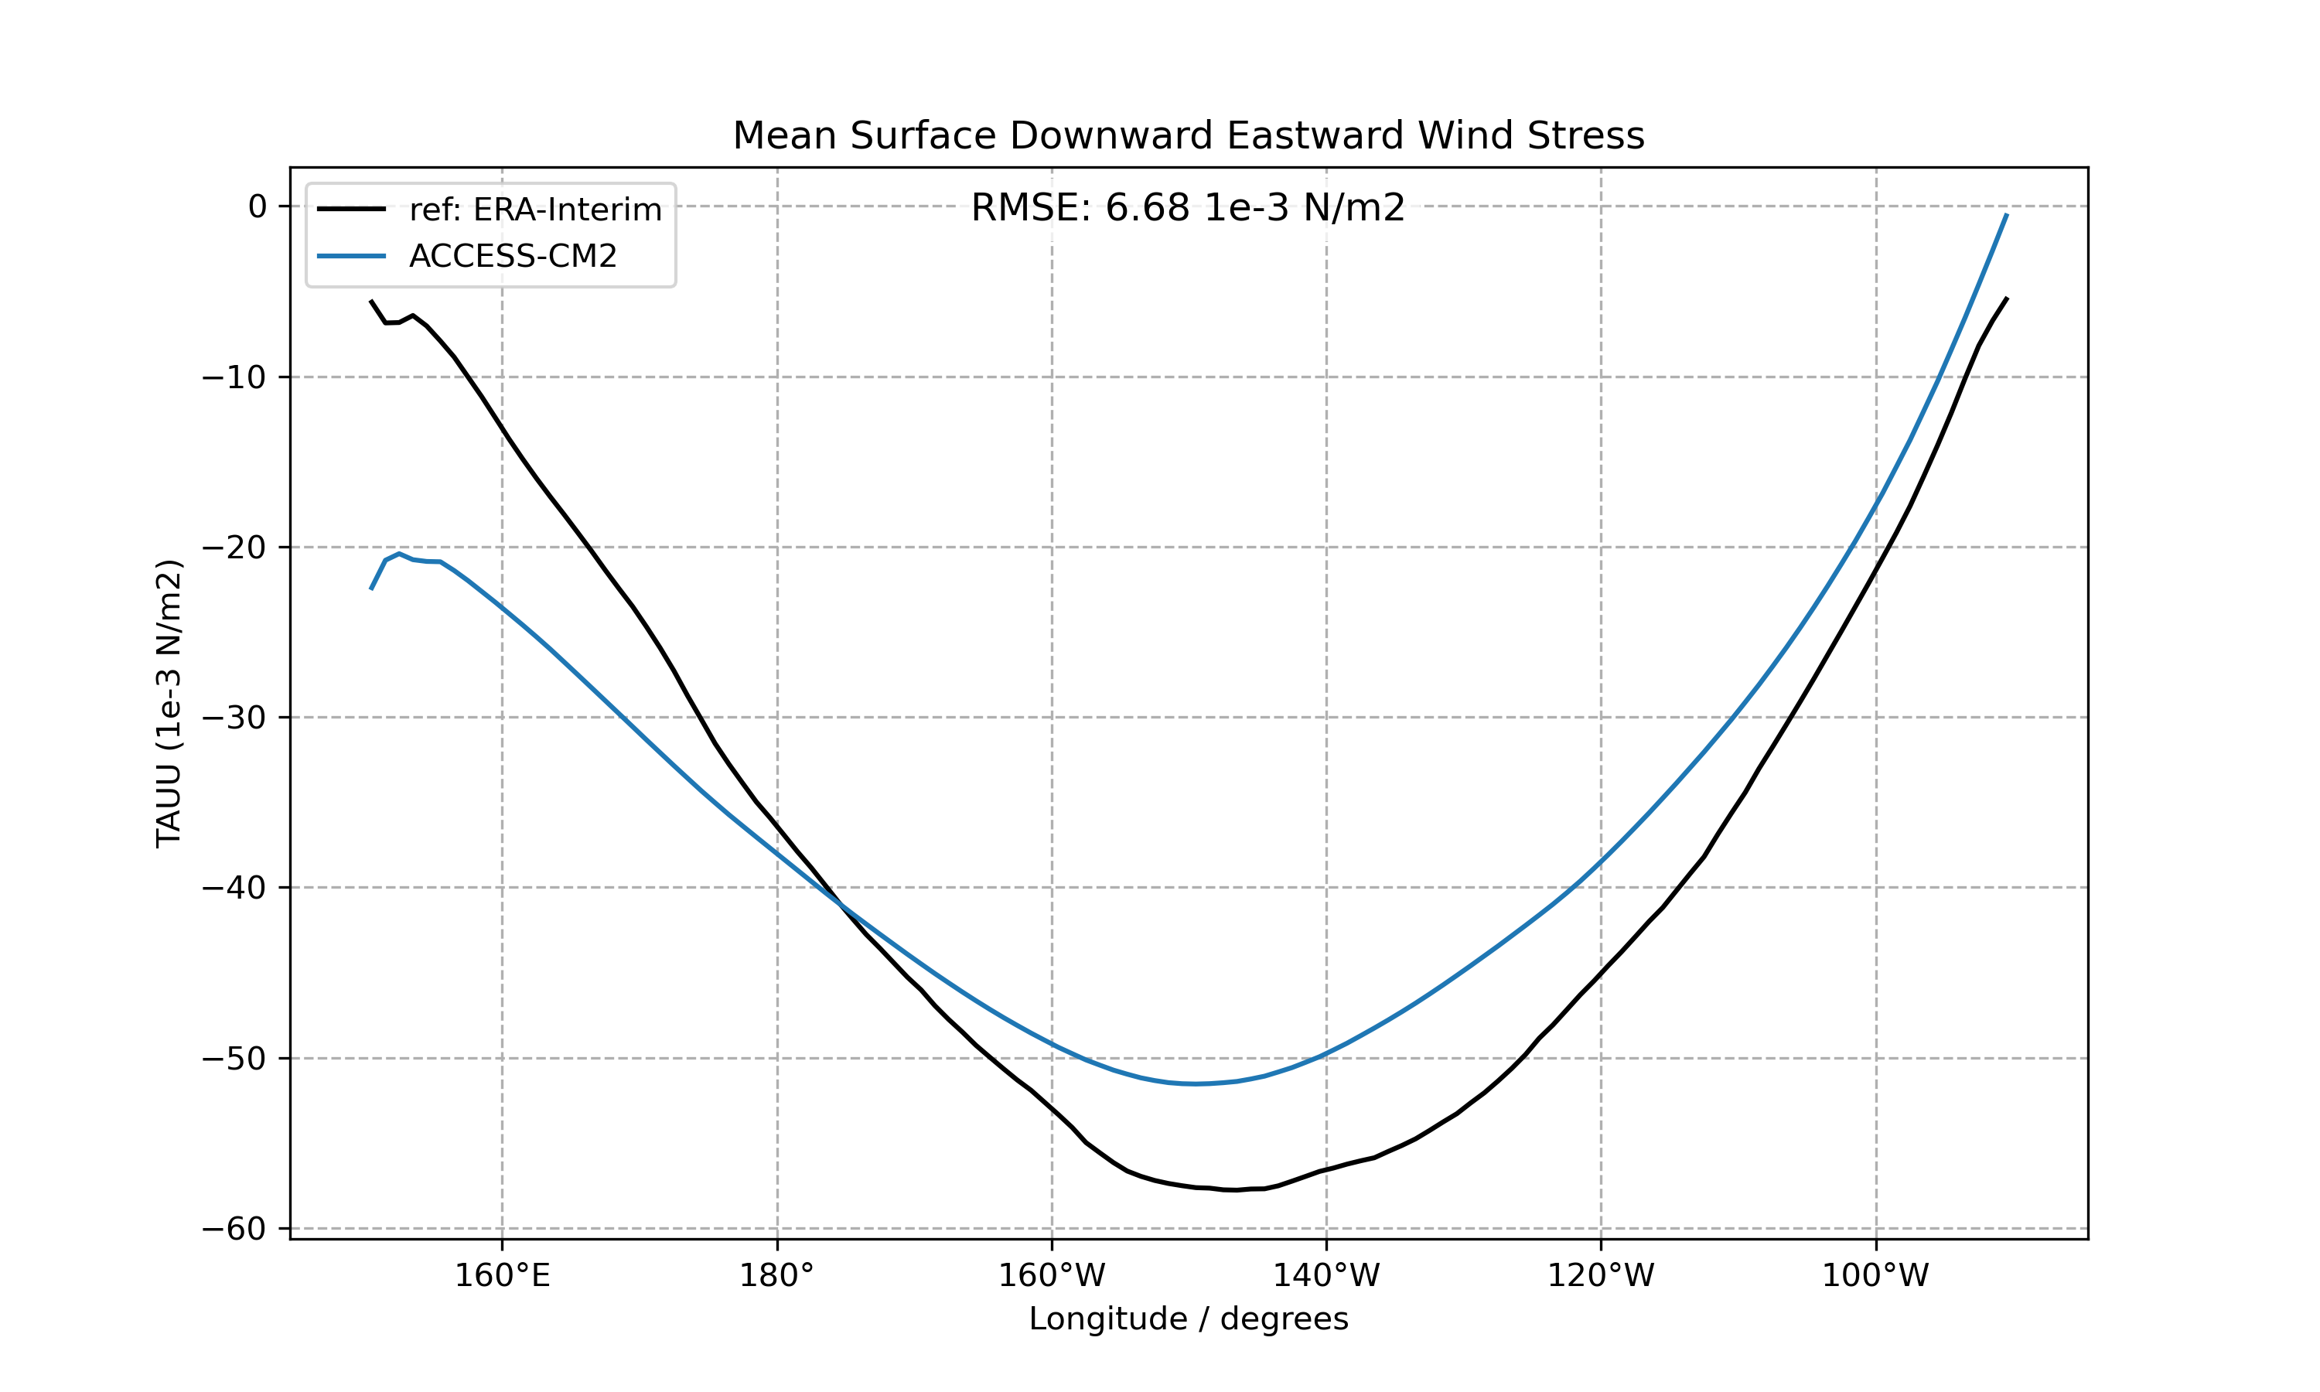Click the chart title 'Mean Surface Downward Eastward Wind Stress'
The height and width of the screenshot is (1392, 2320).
(1188, 136)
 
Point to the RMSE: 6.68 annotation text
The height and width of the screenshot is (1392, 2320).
(1188, 207)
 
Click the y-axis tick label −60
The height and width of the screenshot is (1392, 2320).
(234, 1229)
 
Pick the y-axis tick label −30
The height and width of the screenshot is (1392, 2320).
(234, 718)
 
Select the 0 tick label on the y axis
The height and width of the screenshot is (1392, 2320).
(257, 206)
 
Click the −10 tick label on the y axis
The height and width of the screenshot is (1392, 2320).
(234, 377)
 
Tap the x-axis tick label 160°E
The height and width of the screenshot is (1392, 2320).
(503, 1276)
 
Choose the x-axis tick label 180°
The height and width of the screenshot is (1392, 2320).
(776, 1276)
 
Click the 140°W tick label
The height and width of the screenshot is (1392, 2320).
(1326, 1276)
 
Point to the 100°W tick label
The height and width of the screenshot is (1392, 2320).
(1875, 1276)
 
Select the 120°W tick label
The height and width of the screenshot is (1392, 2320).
(1601, 1276)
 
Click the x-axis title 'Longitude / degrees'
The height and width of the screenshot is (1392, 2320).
(1188, 1319)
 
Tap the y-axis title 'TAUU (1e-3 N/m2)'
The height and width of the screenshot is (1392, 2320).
(169, 704)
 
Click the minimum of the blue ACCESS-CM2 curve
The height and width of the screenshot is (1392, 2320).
(1196, 1083)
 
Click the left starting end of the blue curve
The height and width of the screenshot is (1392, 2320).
(371, 589)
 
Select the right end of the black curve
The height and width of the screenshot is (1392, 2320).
(2007, 298)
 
